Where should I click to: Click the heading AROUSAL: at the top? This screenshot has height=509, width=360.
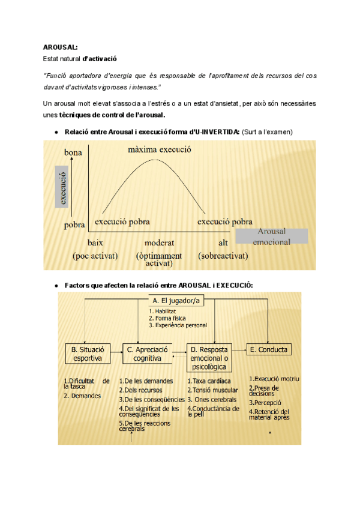click(x=60, y=47)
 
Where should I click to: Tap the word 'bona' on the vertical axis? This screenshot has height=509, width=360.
click(x=73, y=154)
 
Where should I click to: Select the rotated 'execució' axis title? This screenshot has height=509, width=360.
click(x=62, y=186)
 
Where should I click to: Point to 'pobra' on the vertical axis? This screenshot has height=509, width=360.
click(x=74, y=226)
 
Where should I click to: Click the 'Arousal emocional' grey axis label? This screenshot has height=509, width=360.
click(x=271, y=236)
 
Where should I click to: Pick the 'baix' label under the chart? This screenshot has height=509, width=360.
click(x=95, y=242)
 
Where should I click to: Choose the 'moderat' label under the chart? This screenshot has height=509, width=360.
click(x=159, y=242)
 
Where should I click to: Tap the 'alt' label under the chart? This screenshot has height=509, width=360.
click(x=223, y=242)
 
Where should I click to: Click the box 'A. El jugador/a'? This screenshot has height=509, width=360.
click(x=178, y=300)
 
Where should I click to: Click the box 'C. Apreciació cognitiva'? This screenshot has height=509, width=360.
click(x=148, y=354)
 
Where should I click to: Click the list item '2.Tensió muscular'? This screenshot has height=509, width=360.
click(x=213, y=390)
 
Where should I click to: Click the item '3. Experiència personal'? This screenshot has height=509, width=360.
click(x=178, y=325)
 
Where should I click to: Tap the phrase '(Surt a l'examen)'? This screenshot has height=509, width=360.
click(x=268, y=131)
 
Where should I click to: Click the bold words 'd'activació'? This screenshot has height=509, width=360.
click(x=100, y=59)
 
